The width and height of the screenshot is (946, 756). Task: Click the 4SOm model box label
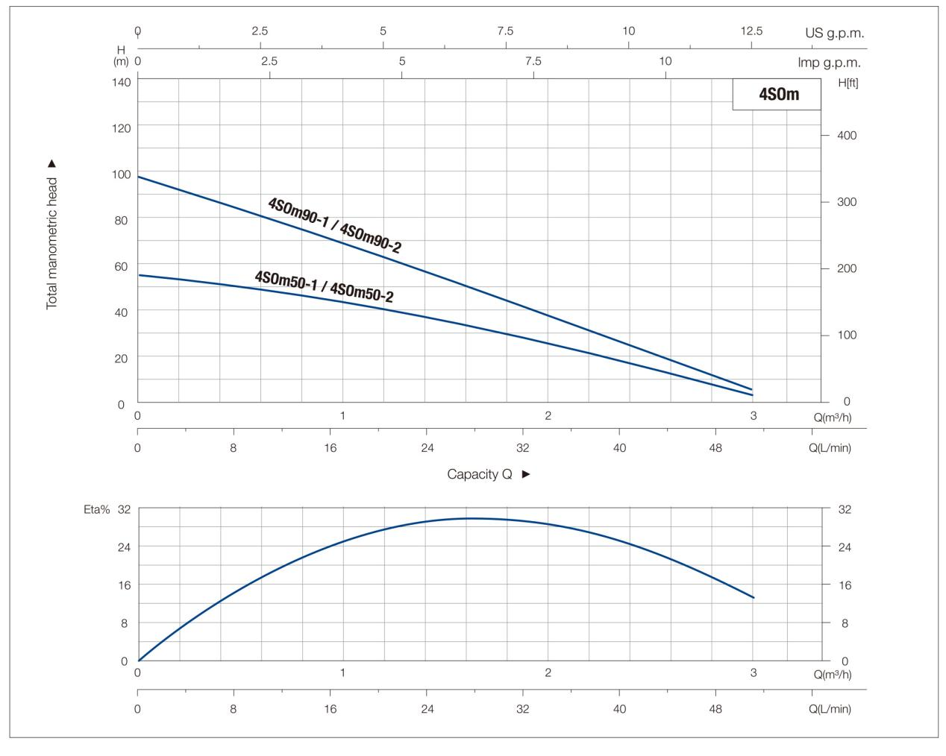click(x=778, y=94)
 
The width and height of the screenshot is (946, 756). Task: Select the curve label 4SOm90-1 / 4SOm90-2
click(x=334, y=225)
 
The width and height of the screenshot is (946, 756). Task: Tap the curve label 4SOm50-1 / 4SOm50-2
click(x=324, y=286)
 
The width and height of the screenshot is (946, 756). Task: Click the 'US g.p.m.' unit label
click(x=834, y=33)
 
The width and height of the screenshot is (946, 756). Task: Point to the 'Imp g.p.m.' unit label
click(x=829, y=63)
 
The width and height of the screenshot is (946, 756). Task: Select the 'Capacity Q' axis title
click(x=480, y=474)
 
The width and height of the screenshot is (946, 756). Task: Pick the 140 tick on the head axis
click(x=122, y=81)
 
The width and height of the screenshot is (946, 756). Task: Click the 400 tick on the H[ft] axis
click(x=847, y=135)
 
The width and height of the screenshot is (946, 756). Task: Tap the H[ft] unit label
click(x=848, y=82)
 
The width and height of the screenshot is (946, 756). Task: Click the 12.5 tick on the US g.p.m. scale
click(x=751, y=31)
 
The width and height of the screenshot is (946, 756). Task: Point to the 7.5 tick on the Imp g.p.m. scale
click(x=533, y=61)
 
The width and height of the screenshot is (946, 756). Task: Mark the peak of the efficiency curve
click(x=470, y=518)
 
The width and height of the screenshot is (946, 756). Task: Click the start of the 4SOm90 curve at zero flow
click(x=139, y=177)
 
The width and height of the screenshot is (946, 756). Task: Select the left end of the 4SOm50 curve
click(x=139, y=275)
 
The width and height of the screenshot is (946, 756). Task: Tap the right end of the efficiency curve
click(x=754, y=597)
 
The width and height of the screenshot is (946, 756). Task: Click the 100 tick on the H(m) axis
click(x=122, y=174)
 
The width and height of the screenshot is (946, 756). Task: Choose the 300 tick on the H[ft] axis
click(x=847, y=201)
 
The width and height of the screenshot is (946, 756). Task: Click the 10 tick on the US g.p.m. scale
click(x=629, y=31)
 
